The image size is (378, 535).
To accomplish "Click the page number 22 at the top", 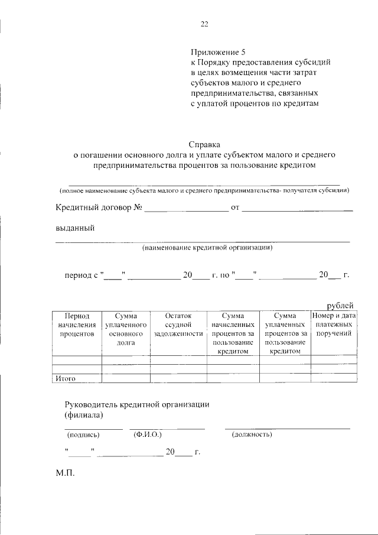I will [204, 24].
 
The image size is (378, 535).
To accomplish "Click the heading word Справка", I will [204, 144].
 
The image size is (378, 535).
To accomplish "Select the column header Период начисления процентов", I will [77, 325].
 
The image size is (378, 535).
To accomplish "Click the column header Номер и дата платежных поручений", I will [334, 325].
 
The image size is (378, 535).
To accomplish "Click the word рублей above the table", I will [340, 305].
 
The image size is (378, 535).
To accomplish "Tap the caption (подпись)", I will [84, 435].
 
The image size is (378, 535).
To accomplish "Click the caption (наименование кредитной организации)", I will [207, 248].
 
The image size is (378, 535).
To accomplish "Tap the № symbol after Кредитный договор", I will [139, 207].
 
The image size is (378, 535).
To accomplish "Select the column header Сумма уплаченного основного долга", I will [126, 329].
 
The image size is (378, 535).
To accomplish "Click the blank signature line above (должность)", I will [287, 427].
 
